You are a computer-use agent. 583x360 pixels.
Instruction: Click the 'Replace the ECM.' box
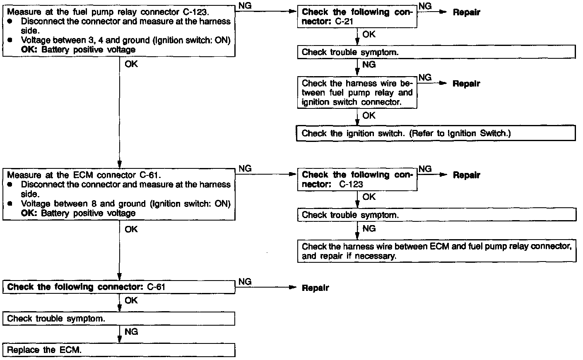[x=119, y=350]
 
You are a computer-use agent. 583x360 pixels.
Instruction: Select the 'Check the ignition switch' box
[x=436, y=133]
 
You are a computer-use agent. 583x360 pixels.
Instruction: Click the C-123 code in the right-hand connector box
[x=351, y=184]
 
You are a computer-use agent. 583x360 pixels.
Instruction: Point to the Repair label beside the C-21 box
[x=466, y=12]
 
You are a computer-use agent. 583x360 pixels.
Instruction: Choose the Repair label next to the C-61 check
[x=315, y=288]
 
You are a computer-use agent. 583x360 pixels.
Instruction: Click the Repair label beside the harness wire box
[x=466, y=84]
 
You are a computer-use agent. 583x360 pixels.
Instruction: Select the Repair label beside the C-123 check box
[x=466, y=175]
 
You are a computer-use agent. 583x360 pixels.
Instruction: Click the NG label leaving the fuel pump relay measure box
[x=245, y=6]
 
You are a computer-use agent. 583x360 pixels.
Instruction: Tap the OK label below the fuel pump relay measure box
[x=131, y=64]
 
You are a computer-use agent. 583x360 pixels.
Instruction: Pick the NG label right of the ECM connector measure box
[x=245, y=168]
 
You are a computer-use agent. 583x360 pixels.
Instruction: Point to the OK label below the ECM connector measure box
[x=131, y=229]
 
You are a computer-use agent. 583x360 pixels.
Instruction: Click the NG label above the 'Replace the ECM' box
[x=131, y=332]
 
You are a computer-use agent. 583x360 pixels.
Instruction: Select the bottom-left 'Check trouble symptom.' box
[x=119, y=319]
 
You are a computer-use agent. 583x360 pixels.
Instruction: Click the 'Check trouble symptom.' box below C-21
[x=436, y=52]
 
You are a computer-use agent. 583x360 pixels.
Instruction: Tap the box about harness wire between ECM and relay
[x=436, y=251]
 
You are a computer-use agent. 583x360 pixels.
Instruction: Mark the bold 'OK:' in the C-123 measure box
[x=29, y=50]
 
